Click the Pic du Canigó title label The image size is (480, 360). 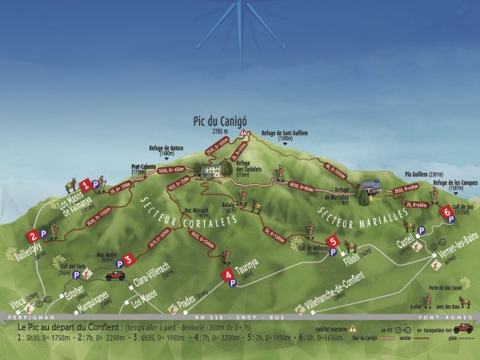220,121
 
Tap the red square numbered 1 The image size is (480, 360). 85,185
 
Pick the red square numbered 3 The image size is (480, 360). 129,260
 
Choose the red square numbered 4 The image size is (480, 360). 227,273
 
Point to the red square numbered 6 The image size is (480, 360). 446,212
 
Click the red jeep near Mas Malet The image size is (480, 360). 116,275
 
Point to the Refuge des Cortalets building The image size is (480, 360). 211,170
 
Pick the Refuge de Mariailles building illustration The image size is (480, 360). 369,188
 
